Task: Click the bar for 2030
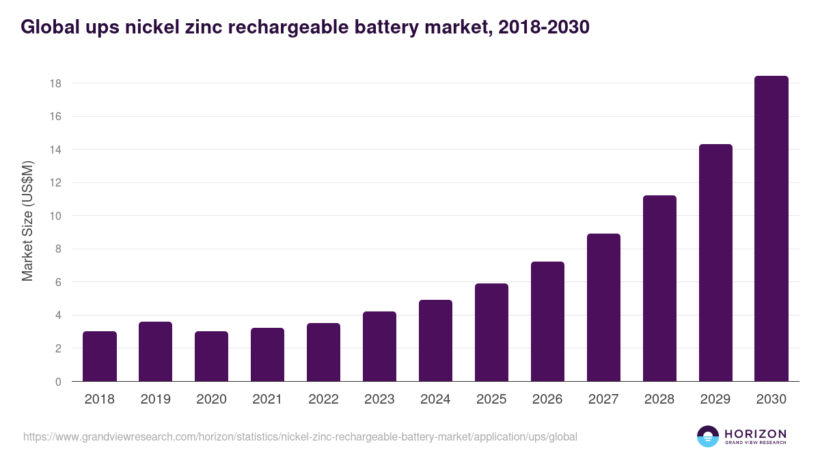(x=771, y=229)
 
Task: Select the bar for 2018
(x=100, y=357)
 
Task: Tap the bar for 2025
(x=492, y=333)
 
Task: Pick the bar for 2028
(x=659, y=288)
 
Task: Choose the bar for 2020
(x=212, y=357)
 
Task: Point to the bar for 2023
(x=380, y=346)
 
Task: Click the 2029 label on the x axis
(x=715, y=400)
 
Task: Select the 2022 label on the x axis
(x=323, y=400)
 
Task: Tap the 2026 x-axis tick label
(x=547, y=400)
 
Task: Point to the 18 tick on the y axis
(x=55, y=83)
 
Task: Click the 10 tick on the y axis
(x=55, y=216)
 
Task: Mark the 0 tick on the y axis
(x=59, y=382)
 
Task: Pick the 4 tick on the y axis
(x=59, y=316)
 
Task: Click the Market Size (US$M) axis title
(x=27, y=221)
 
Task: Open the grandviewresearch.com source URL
(x=300, y=436)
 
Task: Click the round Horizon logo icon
(x=708, y=436)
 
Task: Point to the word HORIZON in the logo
(x=756, y=434)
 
